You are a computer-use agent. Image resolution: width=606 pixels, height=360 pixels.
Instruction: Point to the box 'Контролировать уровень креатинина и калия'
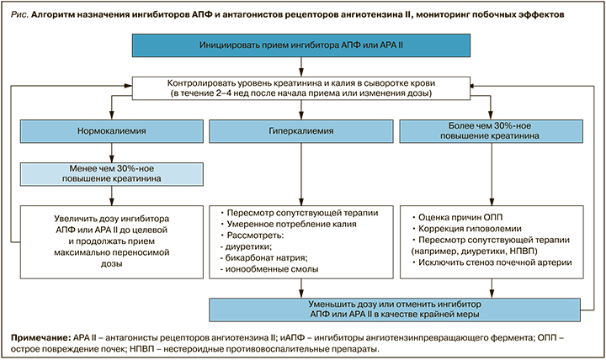pos(303,87)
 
